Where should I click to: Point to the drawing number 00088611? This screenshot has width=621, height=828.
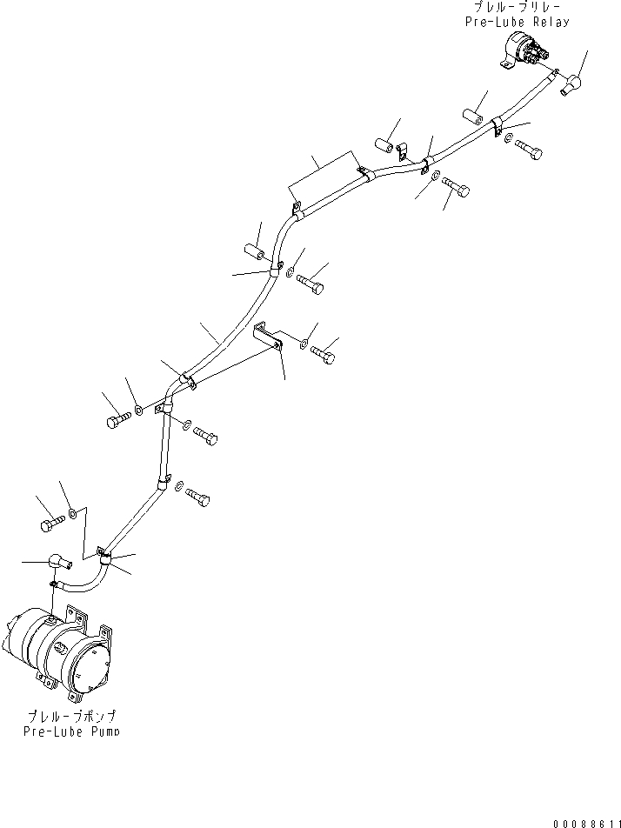(584, 820)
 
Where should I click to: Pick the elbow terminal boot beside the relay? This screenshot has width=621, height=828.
(573, 84)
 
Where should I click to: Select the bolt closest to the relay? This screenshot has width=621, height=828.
(527, 150)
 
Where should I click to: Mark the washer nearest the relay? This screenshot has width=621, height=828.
(508, 138)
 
